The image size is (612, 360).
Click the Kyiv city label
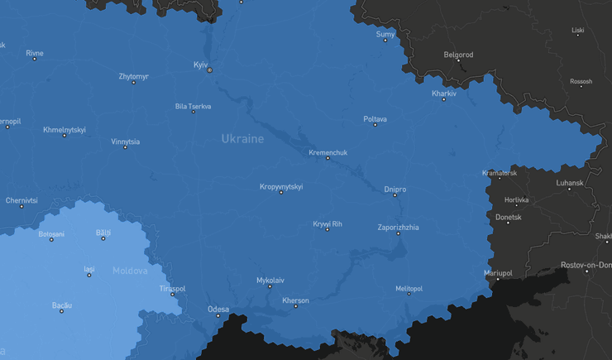click(201, 65)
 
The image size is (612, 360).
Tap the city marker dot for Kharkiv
click(444, 100)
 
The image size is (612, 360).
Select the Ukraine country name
click(242, 139)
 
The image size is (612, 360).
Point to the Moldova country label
click(130, 271)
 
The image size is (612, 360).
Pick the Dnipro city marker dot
click(394, 195)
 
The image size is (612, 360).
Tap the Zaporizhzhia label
click(398, 228)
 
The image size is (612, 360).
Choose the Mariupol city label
click(498, 272)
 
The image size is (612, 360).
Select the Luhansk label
click(570, 182)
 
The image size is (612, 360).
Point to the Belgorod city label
click(458, 55)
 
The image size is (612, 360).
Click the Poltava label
click(375, 119)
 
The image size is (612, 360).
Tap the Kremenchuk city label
click(328, 152)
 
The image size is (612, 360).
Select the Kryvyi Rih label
click(327, 223)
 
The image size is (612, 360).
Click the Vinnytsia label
click(126, 142)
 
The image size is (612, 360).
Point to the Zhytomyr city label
click(133, 76)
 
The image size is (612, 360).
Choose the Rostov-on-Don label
click(586, 265)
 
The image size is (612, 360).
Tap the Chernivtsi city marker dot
click(22, 207)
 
